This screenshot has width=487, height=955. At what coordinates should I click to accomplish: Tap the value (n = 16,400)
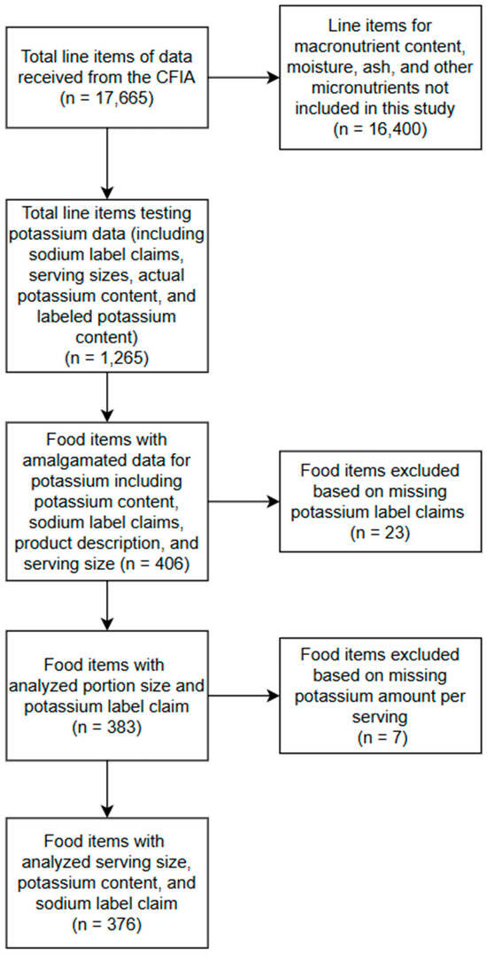[x=381, y=129]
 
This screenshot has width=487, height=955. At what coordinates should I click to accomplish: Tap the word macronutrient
[x=372, y=50]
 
